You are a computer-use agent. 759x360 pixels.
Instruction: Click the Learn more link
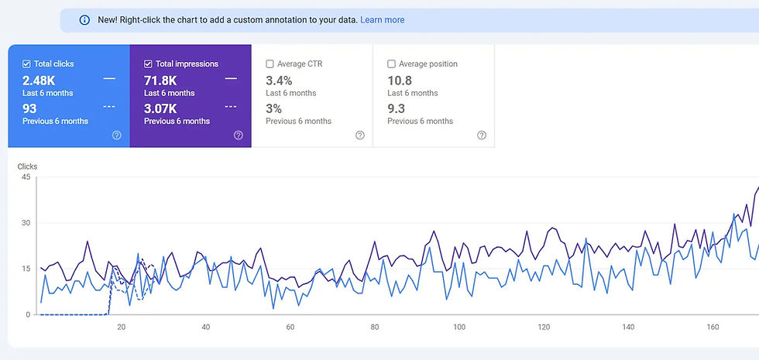(x=382, y=19)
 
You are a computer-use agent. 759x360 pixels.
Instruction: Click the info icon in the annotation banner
(x=84, y=19)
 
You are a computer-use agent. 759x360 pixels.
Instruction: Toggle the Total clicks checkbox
(x=26, y=64)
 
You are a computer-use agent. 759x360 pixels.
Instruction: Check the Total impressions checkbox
(x=148, y=64)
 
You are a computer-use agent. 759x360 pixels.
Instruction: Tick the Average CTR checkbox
(x=270, y=64)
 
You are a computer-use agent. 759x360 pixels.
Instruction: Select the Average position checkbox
(x=391, y=64)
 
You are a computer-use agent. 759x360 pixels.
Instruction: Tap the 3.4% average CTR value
(x=279, y=80)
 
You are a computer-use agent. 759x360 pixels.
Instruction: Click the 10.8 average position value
(x=399, y=80)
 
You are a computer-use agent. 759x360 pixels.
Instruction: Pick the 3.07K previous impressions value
(x=161, y=108)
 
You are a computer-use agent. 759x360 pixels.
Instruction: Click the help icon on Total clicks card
(x=117, y=135)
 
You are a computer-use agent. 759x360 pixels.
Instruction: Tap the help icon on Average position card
(x=482, y=135)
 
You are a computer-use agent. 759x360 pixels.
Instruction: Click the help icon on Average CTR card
(x=360, y=135)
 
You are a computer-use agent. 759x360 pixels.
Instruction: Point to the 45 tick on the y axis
(x=26, y=177)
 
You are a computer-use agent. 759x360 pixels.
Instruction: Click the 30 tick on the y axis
(x=26, y=223)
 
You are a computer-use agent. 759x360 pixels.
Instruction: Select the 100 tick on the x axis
(x=458, y=327)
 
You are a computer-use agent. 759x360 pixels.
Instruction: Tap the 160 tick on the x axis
(x=713, y=327)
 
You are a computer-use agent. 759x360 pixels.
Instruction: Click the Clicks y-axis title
(x=27, y=166)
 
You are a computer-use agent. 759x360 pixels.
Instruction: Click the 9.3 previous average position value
(x=396, y=108)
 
